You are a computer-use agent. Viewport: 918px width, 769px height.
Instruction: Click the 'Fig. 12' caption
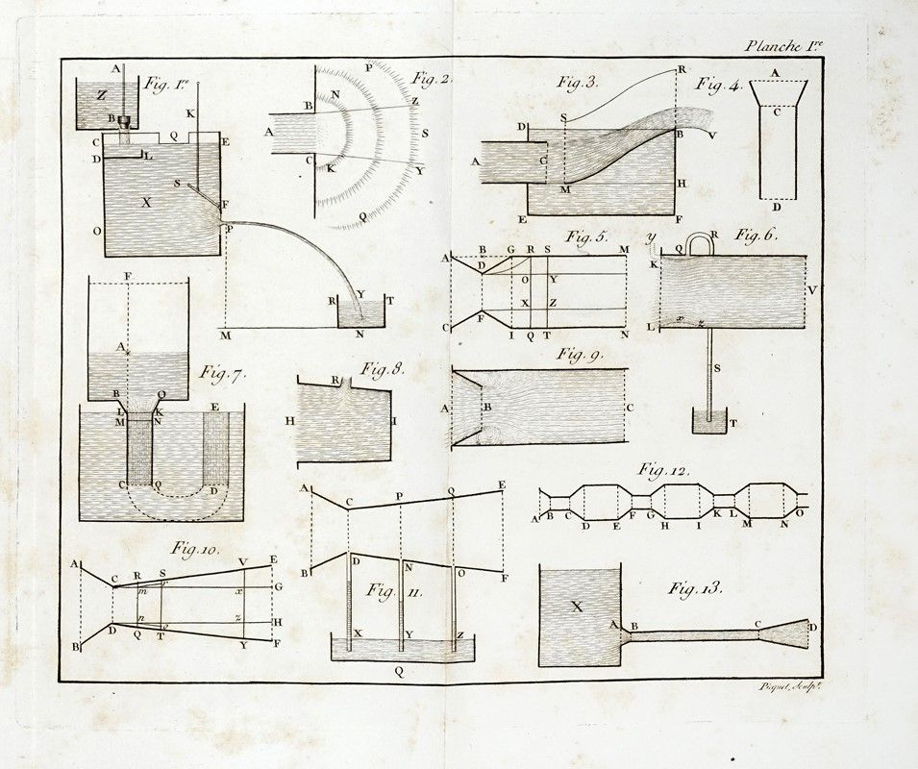pos(663,470)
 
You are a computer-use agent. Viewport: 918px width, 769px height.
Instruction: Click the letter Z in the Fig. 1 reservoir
pos(102,94)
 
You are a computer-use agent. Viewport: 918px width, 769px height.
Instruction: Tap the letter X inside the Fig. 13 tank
pos(577,606)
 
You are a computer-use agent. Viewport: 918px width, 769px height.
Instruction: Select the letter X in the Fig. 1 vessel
pos(146,203)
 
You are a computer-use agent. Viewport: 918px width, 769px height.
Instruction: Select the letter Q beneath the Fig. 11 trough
pos(400,672)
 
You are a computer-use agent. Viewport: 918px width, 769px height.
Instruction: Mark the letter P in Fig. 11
pos(399,492)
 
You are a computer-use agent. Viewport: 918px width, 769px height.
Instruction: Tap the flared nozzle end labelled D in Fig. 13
pos(800,631)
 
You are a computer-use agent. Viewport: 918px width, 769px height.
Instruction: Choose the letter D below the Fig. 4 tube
pos(776,207)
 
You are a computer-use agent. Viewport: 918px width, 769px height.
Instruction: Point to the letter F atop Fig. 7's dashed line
pos(128,277)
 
